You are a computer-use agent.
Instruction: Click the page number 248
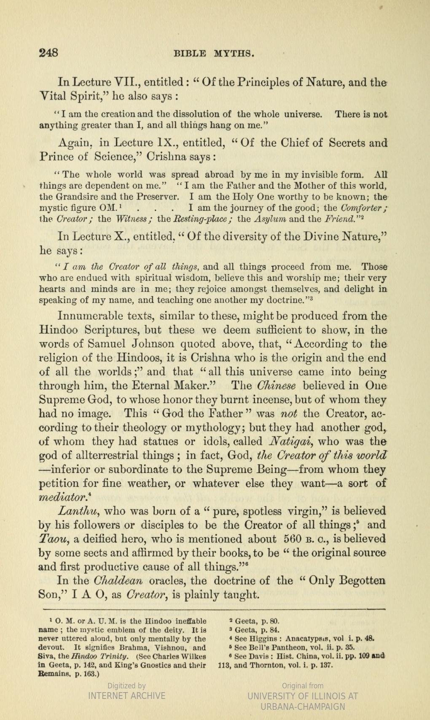coord(48,53)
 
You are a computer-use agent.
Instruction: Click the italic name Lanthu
coord(74,511)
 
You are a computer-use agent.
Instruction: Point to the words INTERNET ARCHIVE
coord(126,696)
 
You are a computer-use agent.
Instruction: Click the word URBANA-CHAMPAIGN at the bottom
coord(303,707)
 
